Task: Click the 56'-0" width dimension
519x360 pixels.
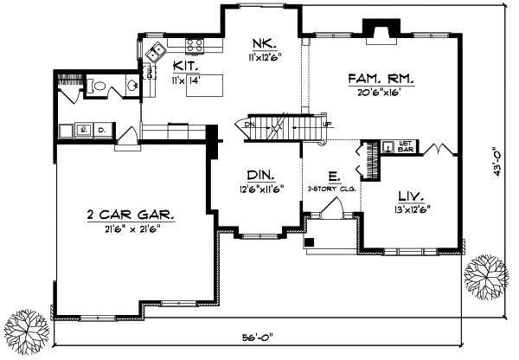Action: tap(259, 336)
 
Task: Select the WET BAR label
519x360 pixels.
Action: tap(406, 146)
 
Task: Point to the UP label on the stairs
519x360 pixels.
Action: tap(327, 124)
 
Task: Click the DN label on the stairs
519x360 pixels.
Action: tap(249, 124)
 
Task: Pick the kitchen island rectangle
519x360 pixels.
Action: tap(208, 84)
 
